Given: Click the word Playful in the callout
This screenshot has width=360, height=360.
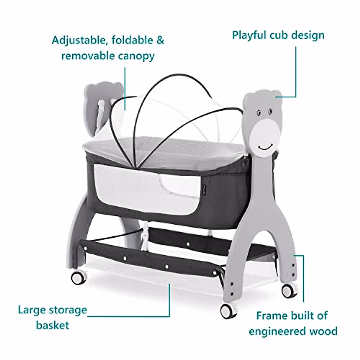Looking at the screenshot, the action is (248, 35).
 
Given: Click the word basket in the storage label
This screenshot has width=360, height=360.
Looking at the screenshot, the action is (53, 325).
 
